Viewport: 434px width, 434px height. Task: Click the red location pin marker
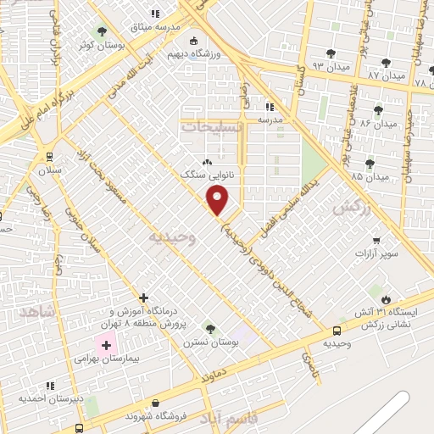[218, 201]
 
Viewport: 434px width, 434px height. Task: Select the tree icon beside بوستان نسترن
[210, 329]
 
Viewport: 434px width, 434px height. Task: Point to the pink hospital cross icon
[106, 346]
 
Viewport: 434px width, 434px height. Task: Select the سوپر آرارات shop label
[376, 253]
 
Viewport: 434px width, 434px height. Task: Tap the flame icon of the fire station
[386, 299]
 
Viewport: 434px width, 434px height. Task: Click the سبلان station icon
[50, 156]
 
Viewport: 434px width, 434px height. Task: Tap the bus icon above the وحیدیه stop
[338, 331]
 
